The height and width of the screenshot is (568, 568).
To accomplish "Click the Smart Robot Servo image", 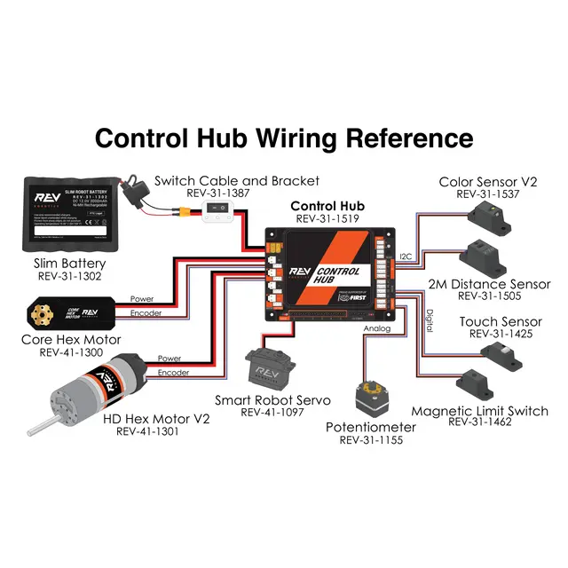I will [265, 365].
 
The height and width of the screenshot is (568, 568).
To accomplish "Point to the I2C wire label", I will [406, 256].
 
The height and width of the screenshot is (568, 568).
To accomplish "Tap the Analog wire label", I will [376, 327].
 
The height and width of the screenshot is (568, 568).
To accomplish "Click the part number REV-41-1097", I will [272, 413].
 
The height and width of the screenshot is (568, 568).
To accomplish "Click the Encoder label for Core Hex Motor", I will [146, 313].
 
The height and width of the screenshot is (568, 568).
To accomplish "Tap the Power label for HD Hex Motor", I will [169, 359].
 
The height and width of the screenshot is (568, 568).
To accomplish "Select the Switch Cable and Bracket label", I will [236, 181].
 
